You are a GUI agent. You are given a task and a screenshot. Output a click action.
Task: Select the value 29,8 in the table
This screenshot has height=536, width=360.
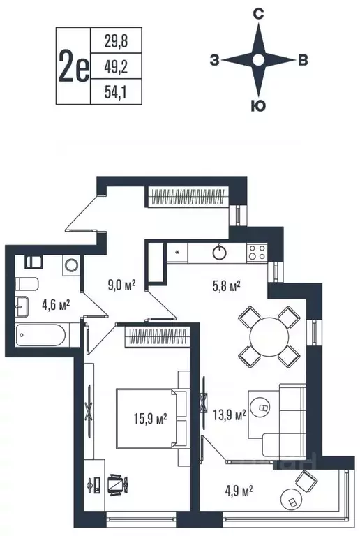(x=110, y=41)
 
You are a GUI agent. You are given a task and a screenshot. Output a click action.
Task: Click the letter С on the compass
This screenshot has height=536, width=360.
(x=258, y=14)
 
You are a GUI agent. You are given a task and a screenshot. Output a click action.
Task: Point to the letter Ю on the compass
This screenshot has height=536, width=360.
(x=257, y=106)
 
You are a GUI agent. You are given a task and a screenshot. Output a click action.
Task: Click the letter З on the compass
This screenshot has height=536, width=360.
(x=213, y=61)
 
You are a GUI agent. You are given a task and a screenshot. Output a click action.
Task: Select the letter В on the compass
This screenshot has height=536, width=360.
(x=302, y=61)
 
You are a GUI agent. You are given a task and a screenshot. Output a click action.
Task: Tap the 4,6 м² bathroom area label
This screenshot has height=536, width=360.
(x=55, y=304)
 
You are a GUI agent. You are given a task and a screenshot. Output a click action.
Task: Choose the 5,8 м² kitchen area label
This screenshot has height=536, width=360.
(x=226, y=285)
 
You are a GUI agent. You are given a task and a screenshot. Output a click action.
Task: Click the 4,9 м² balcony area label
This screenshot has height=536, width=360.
(x=237, y=489)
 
